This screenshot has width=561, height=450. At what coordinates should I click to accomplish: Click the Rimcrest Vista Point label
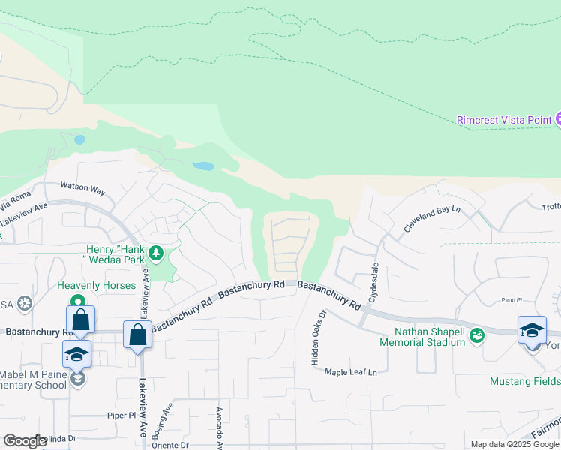pos(503,120)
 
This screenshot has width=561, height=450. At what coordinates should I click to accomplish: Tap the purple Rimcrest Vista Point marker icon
pos(557,119)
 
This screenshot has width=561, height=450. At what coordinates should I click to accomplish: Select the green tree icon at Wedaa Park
pos(156,253)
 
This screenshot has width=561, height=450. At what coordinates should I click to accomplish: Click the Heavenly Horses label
pos(97,286)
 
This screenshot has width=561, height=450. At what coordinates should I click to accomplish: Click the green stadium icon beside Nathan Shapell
pos(477,336)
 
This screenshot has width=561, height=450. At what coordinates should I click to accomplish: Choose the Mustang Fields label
pos(524,381)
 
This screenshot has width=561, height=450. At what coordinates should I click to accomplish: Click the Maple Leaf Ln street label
pos(350,371)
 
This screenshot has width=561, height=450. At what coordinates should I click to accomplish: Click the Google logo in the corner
pos(25,441)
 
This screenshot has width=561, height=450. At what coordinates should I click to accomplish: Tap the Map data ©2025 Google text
pos(513,444)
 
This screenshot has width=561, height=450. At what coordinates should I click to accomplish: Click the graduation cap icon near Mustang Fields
pos(532,330)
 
